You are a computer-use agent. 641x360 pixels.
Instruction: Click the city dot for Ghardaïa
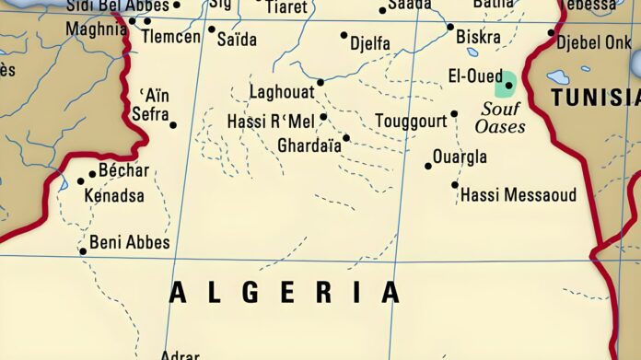pyautogui.click(x=346, y=138)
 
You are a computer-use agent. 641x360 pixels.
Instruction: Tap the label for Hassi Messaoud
pyautogui.click(x=518, y=194)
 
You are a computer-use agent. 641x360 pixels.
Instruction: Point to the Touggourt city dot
pyautogui.click(x=454, y=114)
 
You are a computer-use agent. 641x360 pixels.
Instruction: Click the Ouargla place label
pyautogui.click(x=460, y=157)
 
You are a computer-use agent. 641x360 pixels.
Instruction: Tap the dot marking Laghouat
pyautogui.click(x=320, y=82)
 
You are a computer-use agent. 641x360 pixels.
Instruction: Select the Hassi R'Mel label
pyautogui.click(x=271, y=122)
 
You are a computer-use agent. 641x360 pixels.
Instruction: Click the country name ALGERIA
pyautogui.click(x=285, y=292)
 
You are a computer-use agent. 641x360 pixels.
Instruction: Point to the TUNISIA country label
pyautogui.click(x=595, y=98)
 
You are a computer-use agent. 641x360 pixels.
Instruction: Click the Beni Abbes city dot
pyautogui.click(x=83, y=250)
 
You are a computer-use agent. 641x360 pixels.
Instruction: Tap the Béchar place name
pyautogui.click(x=123, y=170)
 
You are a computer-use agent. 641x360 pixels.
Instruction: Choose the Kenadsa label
pyautogui.click(x=113, y=196)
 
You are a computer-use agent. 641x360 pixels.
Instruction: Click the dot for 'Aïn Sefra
pyautogui.click(x=173, y=125)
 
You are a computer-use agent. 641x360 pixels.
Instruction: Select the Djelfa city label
pyautogui.click(x=370, y=43)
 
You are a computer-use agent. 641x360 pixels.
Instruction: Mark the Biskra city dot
pyautogui.click(x=450, y=27)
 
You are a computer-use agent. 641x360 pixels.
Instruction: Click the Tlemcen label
pyautogui.click(x=172, y=37)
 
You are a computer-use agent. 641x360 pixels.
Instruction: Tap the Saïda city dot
pyautogui.click(x=211, y=29)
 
